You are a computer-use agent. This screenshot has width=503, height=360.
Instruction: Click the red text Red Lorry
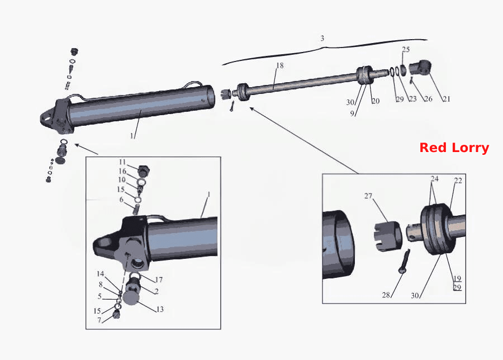[x=454, y=148]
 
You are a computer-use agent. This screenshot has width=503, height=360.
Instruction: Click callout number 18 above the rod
[x=280, y=65]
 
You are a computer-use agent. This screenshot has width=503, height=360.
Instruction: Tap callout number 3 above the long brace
[x=322, y=38]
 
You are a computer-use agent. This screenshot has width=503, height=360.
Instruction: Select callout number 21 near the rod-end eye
[x=447, y=99]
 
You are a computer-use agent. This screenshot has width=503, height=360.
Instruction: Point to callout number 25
[x=406, y=49]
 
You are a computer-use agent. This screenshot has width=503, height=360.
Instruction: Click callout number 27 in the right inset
[x=368, y=196]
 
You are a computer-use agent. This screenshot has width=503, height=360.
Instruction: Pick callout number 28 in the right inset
[x=386, y=295]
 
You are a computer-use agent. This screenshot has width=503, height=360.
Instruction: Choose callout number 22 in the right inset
[x=458, y=181]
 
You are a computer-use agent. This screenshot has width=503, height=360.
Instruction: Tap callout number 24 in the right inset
[x=434, y=178]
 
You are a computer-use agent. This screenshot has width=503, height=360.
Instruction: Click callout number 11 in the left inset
[x=122, y=162]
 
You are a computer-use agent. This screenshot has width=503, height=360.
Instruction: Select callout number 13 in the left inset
[x=160, y=309]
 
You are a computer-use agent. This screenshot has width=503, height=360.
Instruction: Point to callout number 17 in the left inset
[x=159, y=280]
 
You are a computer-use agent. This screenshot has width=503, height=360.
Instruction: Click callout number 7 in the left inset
[x=99, y=320]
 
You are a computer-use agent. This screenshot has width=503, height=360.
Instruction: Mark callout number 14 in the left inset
[x=101, y=274]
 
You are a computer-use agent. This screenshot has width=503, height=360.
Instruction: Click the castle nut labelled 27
[x=388, y=236]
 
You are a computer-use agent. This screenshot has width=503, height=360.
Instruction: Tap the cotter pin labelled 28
[x=404, y=261]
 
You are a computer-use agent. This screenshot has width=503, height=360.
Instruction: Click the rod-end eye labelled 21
[x=420, y=68]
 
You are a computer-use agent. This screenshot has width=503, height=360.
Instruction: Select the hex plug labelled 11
[x=144, y=170]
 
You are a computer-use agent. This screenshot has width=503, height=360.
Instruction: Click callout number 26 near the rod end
[x=428, y=99]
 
